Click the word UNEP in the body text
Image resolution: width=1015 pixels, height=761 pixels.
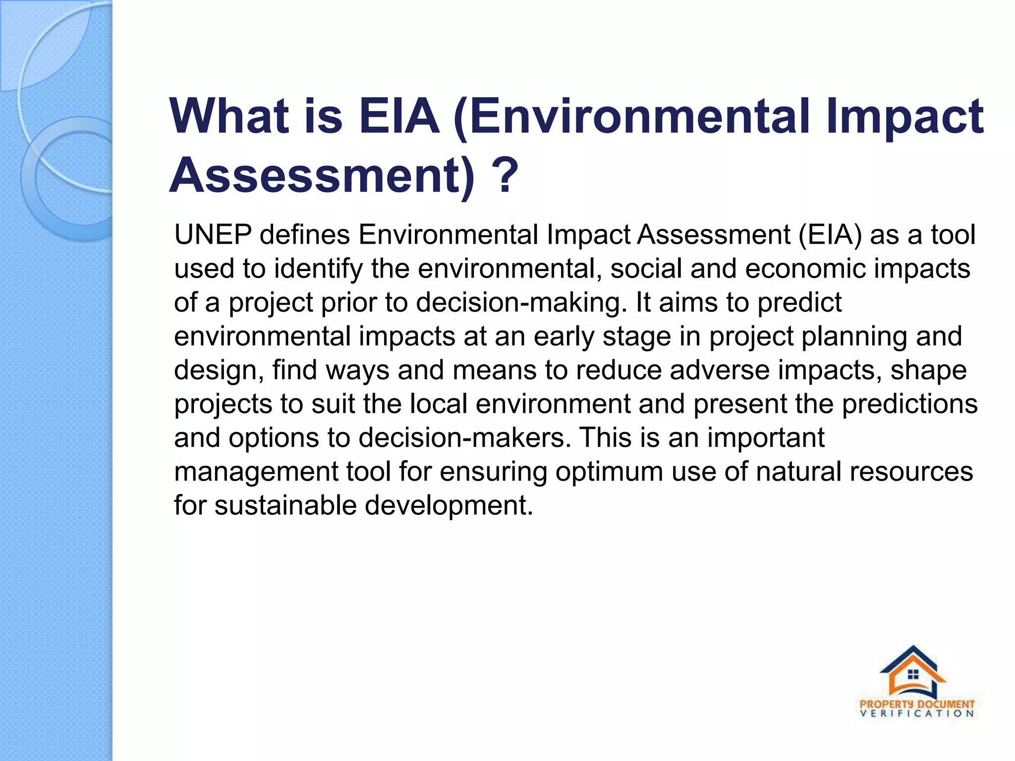(213, 235)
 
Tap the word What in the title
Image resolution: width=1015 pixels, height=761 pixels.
(228, 117)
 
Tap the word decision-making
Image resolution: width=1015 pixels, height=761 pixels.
(518, 303)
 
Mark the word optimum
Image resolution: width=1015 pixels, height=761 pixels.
(609, 472)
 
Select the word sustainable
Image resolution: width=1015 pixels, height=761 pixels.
(285, 505)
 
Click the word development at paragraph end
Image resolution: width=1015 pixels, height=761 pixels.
(449, 505)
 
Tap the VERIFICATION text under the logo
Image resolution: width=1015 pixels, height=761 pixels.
(917, 714)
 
